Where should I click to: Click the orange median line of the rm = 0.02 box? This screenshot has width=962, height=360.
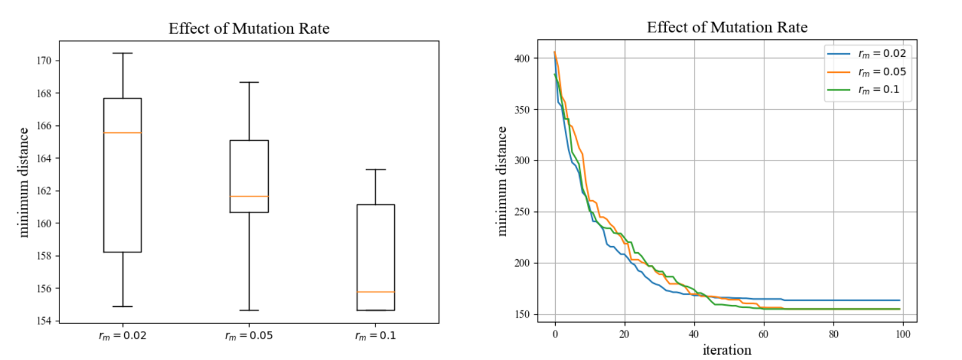coord(122,133)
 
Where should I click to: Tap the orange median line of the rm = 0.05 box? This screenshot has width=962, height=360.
coord(249,196)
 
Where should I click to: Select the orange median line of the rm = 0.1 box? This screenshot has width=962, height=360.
coord(375,292)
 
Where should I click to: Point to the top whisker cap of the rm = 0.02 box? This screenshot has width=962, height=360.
coord(122,53)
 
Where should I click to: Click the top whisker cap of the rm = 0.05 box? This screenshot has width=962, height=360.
coord(249,82)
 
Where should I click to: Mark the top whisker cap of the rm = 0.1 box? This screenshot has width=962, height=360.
coord(375,169)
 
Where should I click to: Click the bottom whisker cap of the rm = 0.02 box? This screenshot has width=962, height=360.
coord(122,307)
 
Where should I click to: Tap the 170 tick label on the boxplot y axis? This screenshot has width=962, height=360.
coord(44,61)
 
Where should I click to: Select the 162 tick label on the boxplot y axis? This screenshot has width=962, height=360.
coord(44,191)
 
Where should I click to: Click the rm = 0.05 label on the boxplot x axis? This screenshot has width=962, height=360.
coord(249,336)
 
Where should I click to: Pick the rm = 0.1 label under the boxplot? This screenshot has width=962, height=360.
coord(375,336)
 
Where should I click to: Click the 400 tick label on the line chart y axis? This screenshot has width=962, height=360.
coord(522,58)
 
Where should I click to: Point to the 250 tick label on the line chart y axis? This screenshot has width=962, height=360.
coord(522,212)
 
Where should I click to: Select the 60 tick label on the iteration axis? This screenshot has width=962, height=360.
coord(763,335)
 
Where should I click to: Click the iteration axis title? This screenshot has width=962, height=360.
coord(727,350)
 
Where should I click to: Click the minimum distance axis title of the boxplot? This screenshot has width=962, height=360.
coord(23,182)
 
